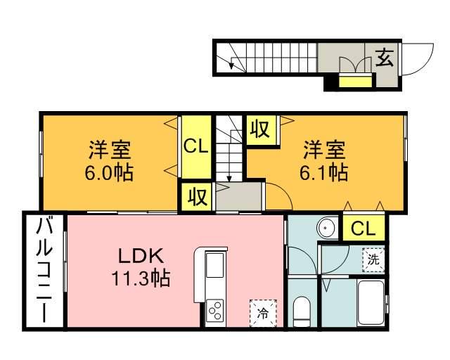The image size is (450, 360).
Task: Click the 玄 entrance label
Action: pyautogui.click(x=384, y=57)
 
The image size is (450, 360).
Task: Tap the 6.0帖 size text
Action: pyautogui.click(x=110, y=173)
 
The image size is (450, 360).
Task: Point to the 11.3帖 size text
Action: pyautogui.click(x=141, y=278)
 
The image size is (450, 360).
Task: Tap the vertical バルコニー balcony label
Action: pyautogui.click(x=44, y=270)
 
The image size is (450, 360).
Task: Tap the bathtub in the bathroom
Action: pyautogui.click(x=371, y=304)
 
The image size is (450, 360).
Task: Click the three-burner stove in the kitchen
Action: pyautogui.click(x=215, y=310)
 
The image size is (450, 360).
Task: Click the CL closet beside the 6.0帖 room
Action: pyautogui.click(x=195, y=146)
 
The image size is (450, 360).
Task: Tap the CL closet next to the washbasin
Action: pyautogui.click(x=364, y=228)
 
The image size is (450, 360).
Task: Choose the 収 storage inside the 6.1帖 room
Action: pyautogui.click(x=259, y=129)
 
